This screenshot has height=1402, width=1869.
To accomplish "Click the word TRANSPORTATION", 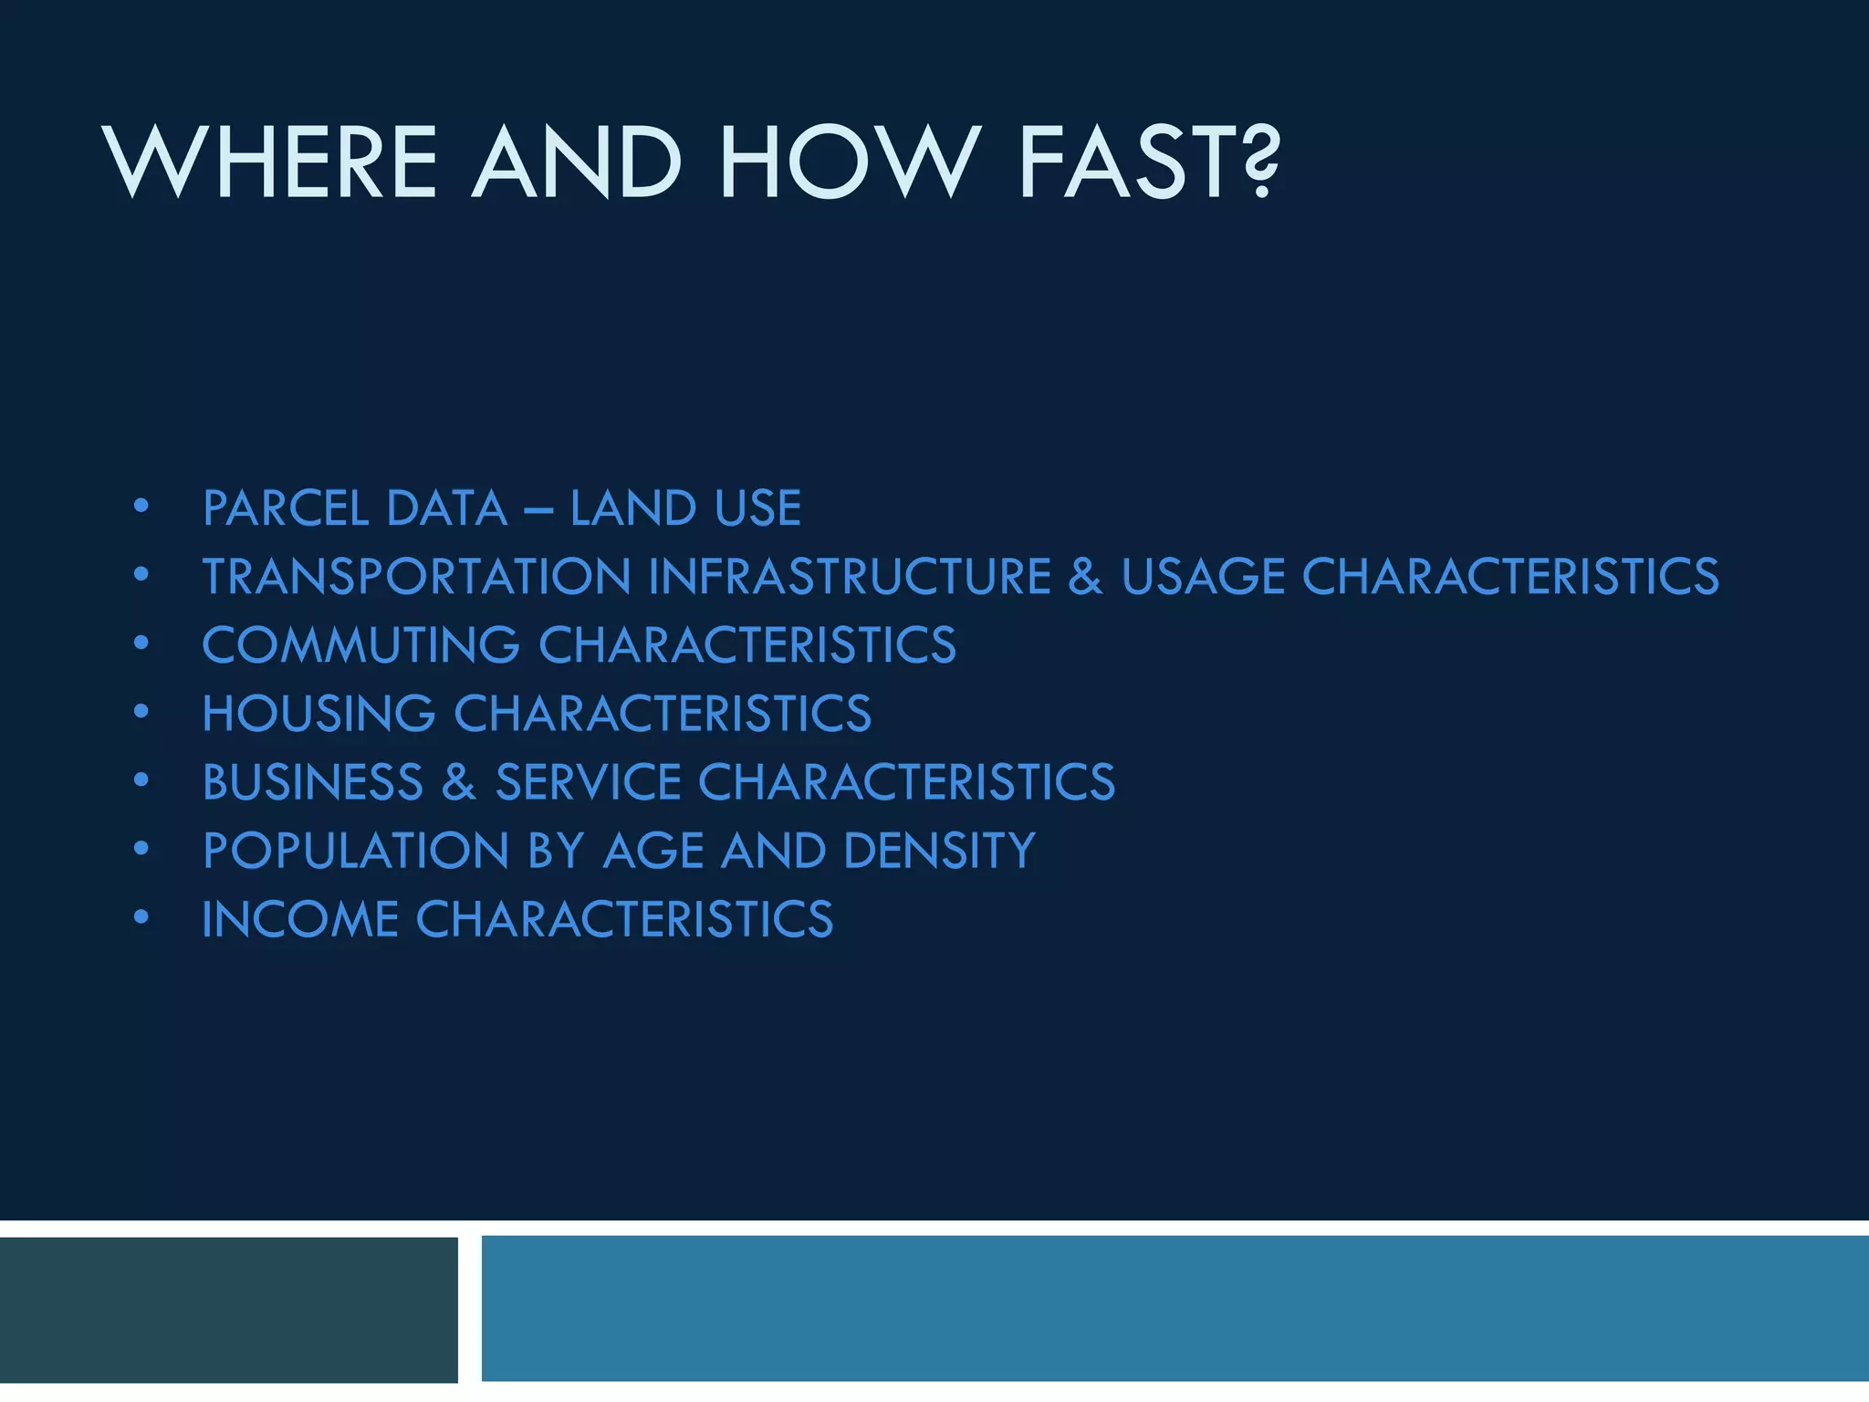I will coord(416,577).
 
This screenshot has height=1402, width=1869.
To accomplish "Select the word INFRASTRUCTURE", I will coord(850,577).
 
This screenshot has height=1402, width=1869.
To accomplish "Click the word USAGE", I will coord(1203,577).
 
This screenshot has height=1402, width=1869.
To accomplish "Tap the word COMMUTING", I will coord(361,645).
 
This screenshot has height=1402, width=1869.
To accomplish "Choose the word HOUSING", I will coord(318,714).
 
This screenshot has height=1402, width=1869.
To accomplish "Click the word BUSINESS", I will coord(313,782).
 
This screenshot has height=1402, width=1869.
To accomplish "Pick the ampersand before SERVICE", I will coord(459,782).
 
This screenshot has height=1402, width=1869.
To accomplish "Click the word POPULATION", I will coord(355,851).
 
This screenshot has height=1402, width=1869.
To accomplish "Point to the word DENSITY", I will coord(939,851).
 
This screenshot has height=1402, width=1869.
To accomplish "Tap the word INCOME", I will coord(300,919).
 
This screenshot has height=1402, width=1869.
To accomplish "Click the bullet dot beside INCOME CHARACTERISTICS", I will coord(141,916).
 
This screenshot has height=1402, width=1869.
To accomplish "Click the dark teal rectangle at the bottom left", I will coord(228,1309).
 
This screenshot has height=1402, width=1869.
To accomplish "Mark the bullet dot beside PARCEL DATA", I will coord(141,506).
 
